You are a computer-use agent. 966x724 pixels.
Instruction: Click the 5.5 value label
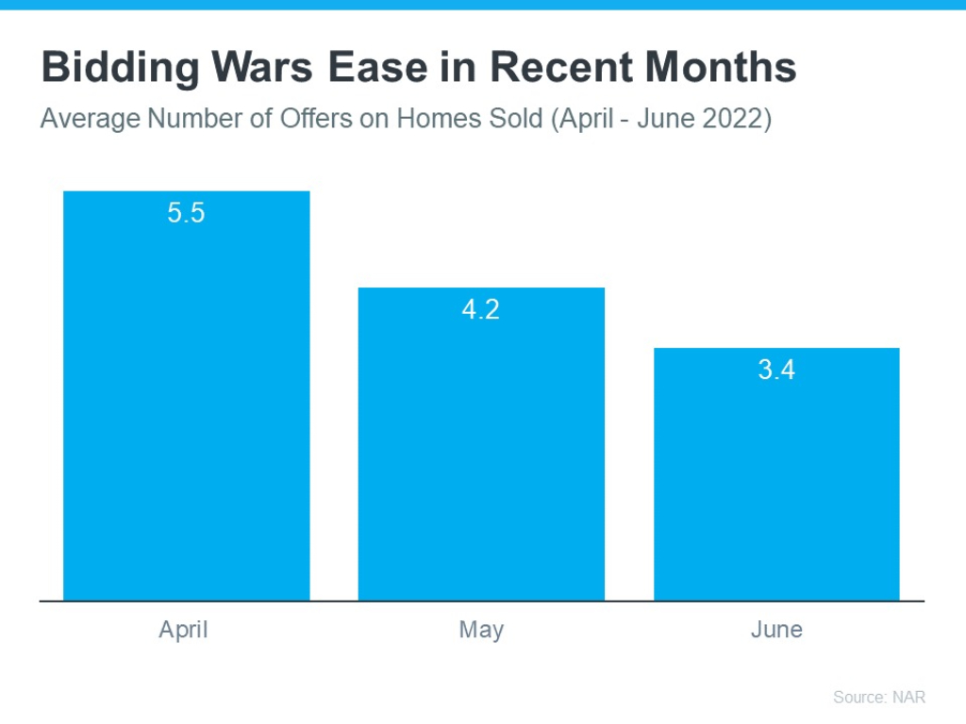click(186, 213)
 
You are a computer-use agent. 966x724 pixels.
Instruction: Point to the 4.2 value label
click(480, 309)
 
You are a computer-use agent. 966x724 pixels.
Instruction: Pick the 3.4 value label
click(776, 370)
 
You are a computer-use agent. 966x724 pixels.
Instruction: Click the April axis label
click(183, 630)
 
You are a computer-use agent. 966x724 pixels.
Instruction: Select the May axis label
click(481, 630)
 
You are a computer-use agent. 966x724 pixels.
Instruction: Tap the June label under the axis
click(776, 630)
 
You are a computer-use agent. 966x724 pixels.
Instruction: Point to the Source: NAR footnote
click(879, 697)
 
